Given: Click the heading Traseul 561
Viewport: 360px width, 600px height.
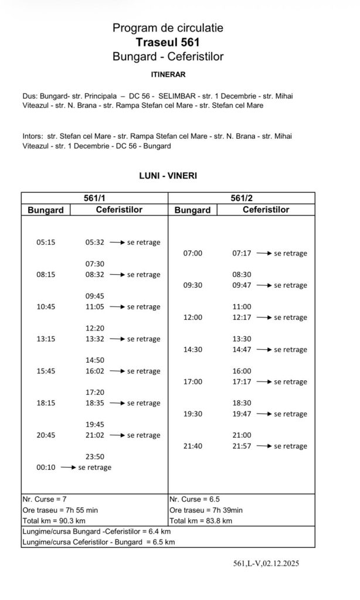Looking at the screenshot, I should (x=168, y=42).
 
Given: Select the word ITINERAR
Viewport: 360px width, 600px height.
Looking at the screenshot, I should (x=168, y=75).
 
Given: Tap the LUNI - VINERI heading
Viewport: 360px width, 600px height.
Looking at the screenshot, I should (x=168, y=175).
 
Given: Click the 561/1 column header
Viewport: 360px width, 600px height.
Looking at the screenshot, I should (x=94, y=198).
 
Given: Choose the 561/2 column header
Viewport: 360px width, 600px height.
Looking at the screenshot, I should (x=242, y=198).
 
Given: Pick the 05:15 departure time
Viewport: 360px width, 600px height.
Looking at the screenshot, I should (x=46, y=242).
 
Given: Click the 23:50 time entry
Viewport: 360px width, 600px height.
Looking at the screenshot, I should (x=95, y=456).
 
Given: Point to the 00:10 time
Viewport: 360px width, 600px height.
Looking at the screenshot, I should (x=46, y=467).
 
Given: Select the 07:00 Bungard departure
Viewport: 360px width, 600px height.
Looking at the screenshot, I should (x=193, y=253).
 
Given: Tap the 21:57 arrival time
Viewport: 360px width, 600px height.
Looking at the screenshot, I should (x=242, y=446).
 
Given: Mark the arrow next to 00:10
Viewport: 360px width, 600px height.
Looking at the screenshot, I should (x=67, y=467).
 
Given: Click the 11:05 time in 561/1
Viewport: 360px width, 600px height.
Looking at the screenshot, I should (x=95, y=306).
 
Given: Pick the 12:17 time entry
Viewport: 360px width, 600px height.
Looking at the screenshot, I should (x=242, y=318).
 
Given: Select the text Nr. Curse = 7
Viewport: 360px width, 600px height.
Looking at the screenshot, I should (x=44, y=499).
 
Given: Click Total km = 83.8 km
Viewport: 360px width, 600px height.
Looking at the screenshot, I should (x=201, y=520).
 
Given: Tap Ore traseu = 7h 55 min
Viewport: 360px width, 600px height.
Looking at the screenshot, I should (x=60, y=510).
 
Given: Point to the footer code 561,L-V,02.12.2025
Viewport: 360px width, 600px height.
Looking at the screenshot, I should (x=266, y=564).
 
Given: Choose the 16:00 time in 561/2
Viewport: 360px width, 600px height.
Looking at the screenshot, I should (x=242, y=371).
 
